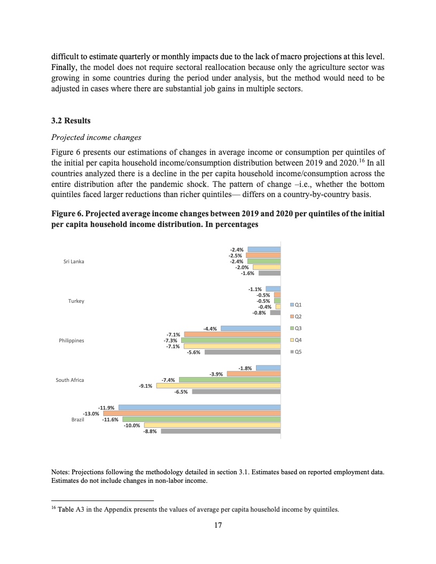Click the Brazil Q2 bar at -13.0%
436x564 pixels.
point(192,413)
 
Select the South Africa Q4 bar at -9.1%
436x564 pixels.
point(219,385)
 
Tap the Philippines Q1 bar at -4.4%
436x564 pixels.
point(251,328)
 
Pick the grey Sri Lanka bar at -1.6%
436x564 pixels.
point(269,273)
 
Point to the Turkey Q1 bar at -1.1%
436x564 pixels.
point(273,289)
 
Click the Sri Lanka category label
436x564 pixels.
point(74,261)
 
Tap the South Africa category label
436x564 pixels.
point(70,380)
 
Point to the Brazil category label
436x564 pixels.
point(78,420)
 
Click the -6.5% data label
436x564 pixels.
point(181,392)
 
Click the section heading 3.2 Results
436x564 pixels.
point(71,121)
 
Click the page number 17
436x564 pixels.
point(217,526)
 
